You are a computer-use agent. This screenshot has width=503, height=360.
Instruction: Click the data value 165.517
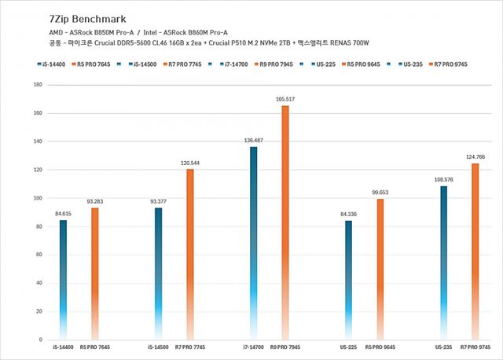pos(285,99)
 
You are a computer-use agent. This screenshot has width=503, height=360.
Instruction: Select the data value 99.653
pos(380,192)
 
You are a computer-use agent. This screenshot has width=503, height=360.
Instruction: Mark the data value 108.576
pos(443,179)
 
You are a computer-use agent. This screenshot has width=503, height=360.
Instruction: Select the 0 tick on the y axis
pos(42,340)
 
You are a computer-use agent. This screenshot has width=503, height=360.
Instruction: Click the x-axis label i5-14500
pos(158,347)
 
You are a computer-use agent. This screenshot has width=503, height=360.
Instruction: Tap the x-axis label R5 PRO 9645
pos(380,347)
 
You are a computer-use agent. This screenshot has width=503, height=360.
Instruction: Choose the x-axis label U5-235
pos(443,347)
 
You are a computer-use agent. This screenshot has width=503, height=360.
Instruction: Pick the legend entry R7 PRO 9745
pos(450,64)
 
